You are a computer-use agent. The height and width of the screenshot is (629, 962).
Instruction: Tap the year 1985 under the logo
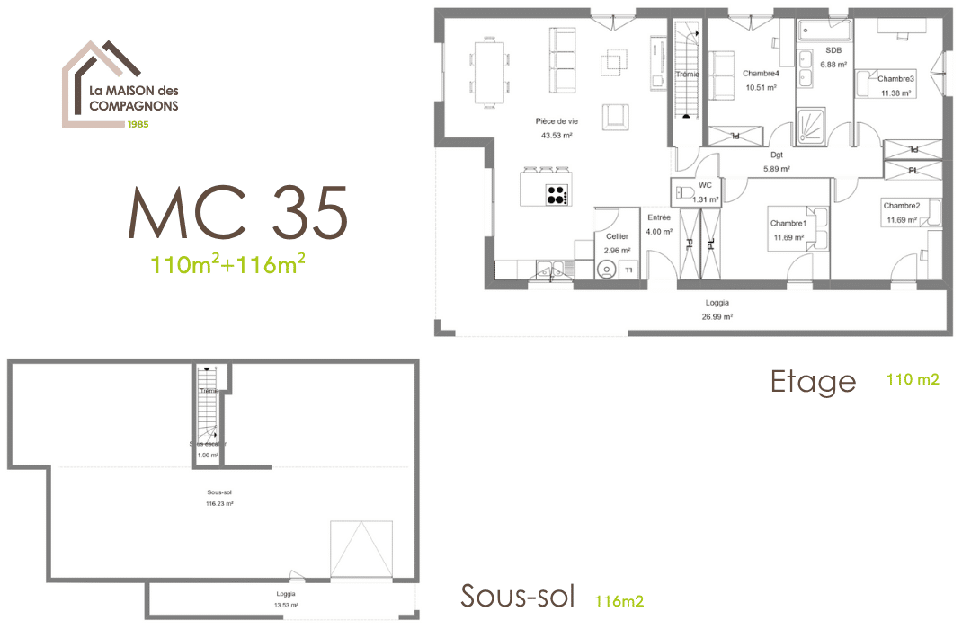[x=138, y=123]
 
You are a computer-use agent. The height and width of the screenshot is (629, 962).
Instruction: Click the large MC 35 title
[x=237, y=214]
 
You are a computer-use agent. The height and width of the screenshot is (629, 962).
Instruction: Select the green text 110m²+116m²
[x=228, y=264]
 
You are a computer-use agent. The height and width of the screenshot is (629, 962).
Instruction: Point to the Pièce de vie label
[x=557, y=121]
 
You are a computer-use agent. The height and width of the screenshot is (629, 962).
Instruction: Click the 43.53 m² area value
[x=557, y=136]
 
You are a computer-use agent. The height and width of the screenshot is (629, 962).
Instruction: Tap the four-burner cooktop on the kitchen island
[x=557, y=194]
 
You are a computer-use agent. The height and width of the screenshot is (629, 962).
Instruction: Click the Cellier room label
[x=617, y=236]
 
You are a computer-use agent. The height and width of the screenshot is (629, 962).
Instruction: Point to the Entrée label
[x=659, y=217]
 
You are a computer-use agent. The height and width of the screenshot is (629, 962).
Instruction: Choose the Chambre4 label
[x=760, y=74]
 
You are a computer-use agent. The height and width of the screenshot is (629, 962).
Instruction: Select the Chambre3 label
[x=895, y=79]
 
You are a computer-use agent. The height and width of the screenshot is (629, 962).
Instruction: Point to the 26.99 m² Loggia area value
[x=717, y=317]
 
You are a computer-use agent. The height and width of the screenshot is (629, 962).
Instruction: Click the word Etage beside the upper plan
[x=813, y=382]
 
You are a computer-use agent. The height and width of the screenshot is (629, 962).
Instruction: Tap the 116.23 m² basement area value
[x=218, y=504]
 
